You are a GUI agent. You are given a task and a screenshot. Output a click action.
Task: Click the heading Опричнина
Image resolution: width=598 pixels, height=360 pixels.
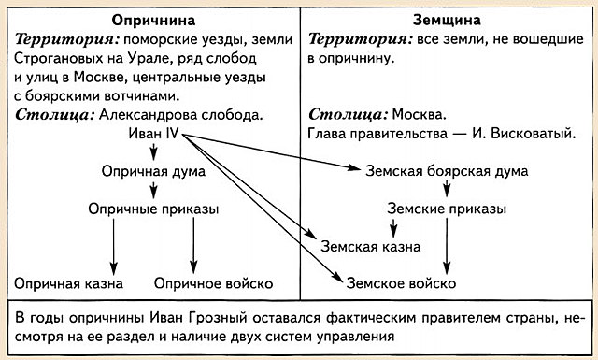151,21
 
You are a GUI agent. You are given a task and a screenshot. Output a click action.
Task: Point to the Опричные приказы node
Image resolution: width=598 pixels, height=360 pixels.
153,209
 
